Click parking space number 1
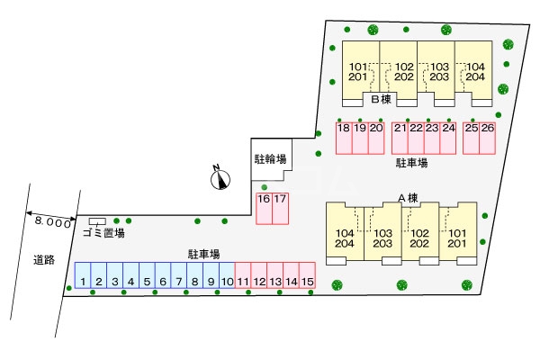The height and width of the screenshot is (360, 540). click(x=83, y=275)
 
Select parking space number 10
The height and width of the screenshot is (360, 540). click(x=227, y=275)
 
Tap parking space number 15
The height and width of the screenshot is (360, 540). click(x=307, y=275)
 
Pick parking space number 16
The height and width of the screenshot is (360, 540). click(x=264, y=209)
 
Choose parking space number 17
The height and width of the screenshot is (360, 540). click(x=280, y=209)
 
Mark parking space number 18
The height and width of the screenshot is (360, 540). click(x=344, y=138)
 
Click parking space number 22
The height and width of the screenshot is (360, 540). click(x=416, y=138)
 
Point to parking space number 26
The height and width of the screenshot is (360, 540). click(x=487, y=138)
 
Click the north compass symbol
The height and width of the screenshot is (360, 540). click(x=220, y=178)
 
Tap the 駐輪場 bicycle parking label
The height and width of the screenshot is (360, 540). click(x=270, y=159)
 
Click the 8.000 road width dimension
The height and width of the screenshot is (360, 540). click(x=52, y=222)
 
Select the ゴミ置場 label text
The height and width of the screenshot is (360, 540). click(x=103, y=233)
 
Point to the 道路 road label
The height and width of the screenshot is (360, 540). click(x=44, y=260)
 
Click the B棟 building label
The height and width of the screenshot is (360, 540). click(x=382, y=99)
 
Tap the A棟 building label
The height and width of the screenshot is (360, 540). click(x=408, y=198)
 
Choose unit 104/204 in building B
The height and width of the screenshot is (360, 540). click(x=473, y=72)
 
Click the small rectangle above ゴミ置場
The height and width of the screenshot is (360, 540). click(x=97, y=221)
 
